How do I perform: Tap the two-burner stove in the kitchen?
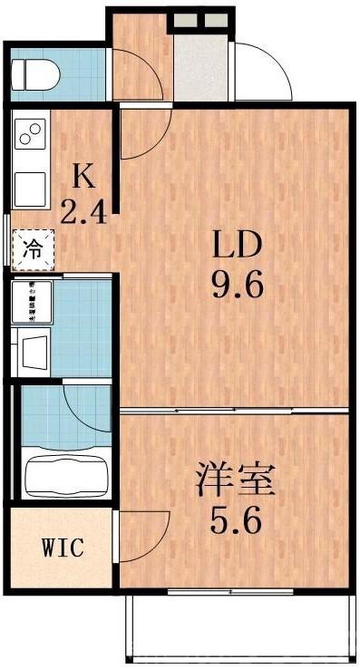pos(31,136)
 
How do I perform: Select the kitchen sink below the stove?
pos(30,185)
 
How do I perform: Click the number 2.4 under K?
pos(83,212)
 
